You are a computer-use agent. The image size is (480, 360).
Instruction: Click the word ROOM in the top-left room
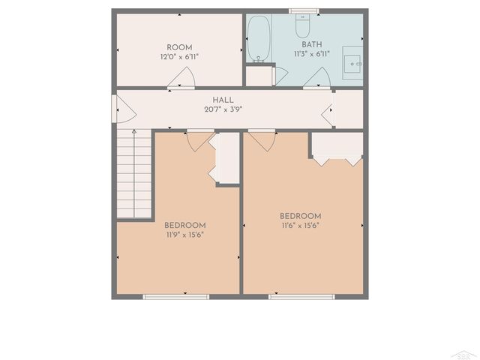(x=179, y=46)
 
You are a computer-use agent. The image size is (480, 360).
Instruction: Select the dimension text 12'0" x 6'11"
(x=179, y=56)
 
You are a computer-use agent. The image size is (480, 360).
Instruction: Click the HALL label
(x=223, y=100)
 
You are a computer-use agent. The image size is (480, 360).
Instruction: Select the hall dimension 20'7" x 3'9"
(x=223, y=109)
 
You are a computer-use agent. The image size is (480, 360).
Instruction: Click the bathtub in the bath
(x=258, y=39)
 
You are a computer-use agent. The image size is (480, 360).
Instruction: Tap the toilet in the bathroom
(x=303, y=27)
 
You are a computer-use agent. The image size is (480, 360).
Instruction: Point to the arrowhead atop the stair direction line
(x=134, y=132)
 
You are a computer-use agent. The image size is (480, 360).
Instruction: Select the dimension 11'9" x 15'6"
(x=184, y=235)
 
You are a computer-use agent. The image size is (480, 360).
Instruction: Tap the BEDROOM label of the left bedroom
(x=184, y=225)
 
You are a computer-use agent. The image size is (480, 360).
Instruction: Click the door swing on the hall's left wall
(x=124, y=109)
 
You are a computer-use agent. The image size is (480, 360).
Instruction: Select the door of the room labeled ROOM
(x=182, y=78)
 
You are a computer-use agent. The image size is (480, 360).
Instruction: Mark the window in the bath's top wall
(x=304, y=11)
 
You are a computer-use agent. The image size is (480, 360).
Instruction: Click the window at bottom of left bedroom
(x=175, y=297)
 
